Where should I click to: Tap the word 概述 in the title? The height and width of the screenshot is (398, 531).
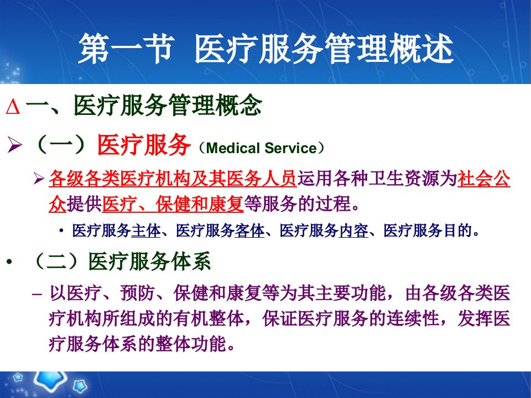(x=422, y=49)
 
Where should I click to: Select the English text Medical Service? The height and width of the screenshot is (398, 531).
(x=261, y=148)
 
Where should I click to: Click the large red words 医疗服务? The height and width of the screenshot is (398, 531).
(x=144, y=145)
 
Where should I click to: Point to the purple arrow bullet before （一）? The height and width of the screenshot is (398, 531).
(x=14, y=145)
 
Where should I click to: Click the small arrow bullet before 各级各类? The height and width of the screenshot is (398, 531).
(x=39, y=179)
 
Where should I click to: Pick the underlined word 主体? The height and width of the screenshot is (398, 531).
(x=146, y=231)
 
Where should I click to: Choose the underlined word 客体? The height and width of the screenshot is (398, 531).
(x=249, y=231)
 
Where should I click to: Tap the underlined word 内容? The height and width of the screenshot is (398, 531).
(x=353, y=231)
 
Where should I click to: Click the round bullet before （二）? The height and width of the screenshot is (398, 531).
(x=9, y=261)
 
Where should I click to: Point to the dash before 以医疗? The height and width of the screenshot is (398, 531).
(x=37, y=294)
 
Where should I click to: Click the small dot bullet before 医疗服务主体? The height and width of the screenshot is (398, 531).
(x=61, y=231)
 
